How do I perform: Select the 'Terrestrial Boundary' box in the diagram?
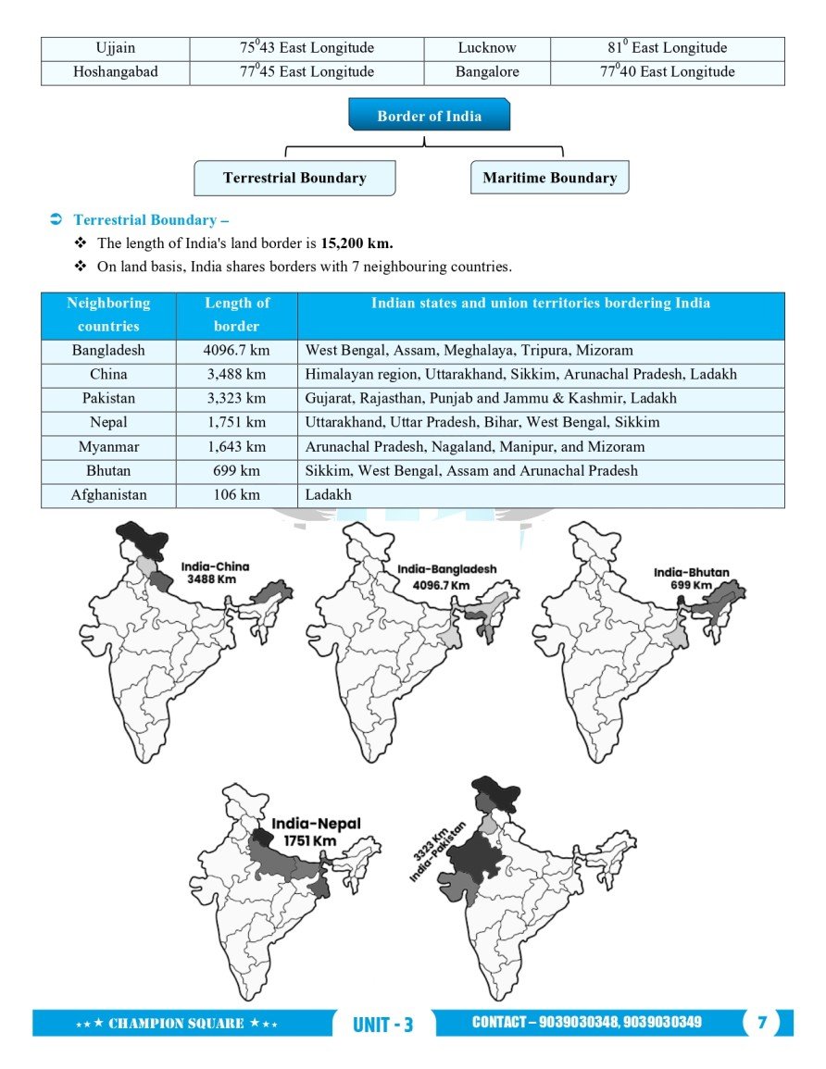[294, 178]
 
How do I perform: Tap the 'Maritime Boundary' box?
[549, 178]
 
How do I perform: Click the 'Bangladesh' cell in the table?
[108, 351]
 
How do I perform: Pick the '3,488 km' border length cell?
[236, 375]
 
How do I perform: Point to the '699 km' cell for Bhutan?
[236, 471]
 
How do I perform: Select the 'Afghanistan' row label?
[108, 495]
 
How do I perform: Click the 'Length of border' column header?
[236, 315]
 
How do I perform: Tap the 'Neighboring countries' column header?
[108, 315]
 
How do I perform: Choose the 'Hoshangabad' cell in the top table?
[115, 72]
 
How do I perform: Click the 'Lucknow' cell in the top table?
[487, 48]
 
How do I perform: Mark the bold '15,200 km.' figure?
[357, 243]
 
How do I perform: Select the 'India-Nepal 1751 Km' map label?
[315, 831]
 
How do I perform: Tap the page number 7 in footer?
[762, 1023]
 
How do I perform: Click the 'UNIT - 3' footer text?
[382, 1025]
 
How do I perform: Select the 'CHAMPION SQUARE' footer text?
[176, 1024]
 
